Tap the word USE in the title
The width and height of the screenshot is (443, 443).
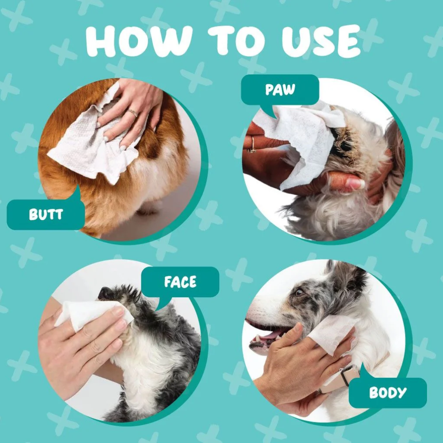[321, 41]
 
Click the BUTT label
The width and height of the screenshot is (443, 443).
[45, 214]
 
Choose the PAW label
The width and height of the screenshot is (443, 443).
[280, 89]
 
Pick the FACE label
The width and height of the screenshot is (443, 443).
[180, 282]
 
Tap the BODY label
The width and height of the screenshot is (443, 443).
[388, 392]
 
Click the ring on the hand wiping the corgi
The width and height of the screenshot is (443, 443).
[133, 113]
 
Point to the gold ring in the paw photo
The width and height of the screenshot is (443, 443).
[252, 144]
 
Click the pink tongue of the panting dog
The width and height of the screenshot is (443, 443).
[270, 336]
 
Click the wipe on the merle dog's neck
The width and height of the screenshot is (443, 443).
[334, 334]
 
